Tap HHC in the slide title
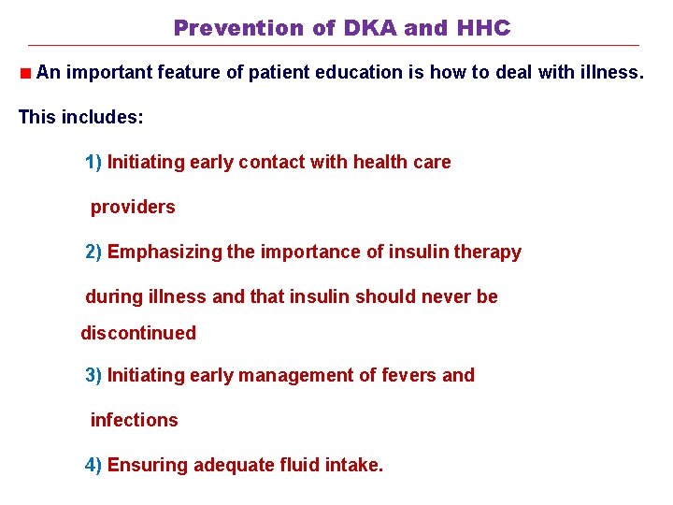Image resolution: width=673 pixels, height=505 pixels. [483, 28]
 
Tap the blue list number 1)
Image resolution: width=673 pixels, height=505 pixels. [93, 163]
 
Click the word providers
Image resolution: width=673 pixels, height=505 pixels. [133, 208]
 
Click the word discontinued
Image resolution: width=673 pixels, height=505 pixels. [138, 333]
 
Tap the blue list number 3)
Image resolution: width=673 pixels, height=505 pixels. [93, 376]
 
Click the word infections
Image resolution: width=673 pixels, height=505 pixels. [134, 421]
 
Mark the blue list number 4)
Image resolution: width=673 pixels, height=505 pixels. [93, 466]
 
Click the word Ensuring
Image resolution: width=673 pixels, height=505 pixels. [148, 466]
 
